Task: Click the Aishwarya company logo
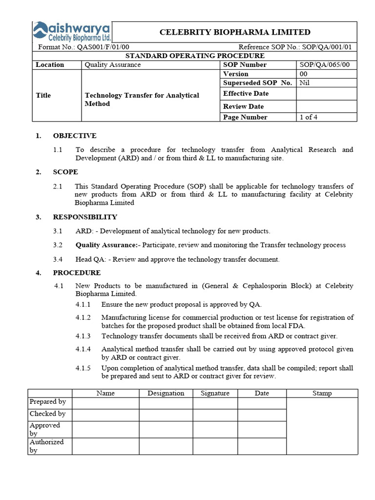(72, 32)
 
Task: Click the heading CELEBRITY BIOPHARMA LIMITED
(235, 32)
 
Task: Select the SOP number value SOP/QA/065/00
(324, 64)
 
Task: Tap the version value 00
(303, 74)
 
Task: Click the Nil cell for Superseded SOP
(304, 83)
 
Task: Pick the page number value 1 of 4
(309, 117)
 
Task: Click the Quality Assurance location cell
(112, 64)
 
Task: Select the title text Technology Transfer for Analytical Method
(142, 100)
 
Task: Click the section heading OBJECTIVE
(75, 136)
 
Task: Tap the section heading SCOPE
(65, 172)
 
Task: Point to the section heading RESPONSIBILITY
(85, 217)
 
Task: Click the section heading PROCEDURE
(77, 273)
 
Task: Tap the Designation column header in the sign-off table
(166, 393)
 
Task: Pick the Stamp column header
(322, 393)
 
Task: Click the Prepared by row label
(48, 402)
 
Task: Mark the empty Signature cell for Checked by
(215, 415)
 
